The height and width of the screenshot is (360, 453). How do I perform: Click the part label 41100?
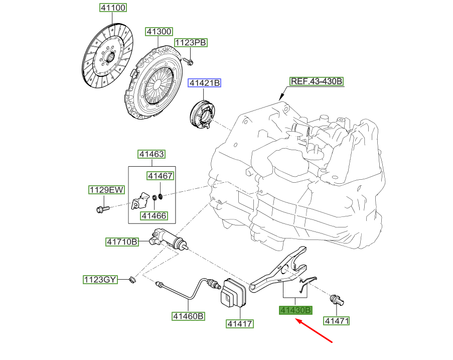click(x=112, y=8)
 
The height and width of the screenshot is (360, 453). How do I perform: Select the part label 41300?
click(x=159, y=32)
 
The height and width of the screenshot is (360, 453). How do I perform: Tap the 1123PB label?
click(x=191, y=43)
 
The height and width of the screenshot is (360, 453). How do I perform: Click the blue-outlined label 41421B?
click(x=204, y=84)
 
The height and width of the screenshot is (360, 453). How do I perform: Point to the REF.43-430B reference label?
click(x=316, y=81)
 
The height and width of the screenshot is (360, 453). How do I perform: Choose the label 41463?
click(x=152, y=154)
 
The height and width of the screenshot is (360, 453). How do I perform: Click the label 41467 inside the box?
click(x=160, y=176)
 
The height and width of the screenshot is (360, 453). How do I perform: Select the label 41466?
click(x=154, y=216)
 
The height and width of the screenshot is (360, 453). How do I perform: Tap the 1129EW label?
click(x=106, y=190)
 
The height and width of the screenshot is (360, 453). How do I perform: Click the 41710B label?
click(x=122, y=242)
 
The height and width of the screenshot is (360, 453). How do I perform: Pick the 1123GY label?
click(x=100, y=279)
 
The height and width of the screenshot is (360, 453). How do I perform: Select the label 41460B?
click(x=189, y=316)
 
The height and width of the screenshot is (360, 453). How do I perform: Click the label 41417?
click(x=239, y=324)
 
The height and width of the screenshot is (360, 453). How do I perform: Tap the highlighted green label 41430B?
click(x=296, y=310)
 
